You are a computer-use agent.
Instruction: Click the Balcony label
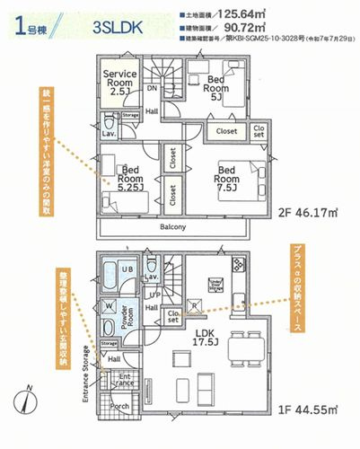pyautogui.click(x=173, y=226)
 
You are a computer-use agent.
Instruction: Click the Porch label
pyautogui.click(x=119, y=404)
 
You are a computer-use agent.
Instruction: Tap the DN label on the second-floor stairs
pyautogui.click(x=152, y=89)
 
